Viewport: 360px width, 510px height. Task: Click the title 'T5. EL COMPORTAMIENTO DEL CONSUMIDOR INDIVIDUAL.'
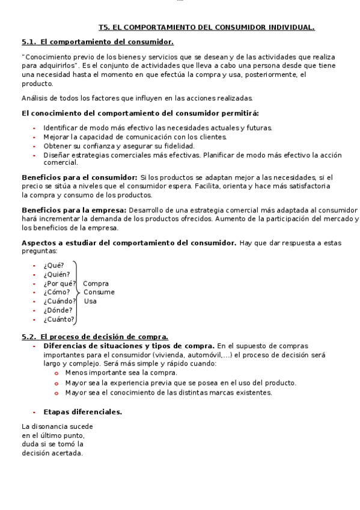(x=206, y=27)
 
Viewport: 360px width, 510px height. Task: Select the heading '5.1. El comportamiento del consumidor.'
(x=97, y=42)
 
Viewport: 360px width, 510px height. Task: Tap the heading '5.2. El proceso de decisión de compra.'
(x=95, y=337)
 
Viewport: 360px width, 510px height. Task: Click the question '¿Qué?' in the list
(x=53, y=265)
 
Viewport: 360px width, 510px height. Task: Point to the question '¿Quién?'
(x=56, y=274)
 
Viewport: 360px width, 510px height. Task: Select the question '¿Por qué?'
(x=59, y=283)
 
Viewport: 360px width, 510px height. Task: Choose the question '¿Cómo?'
(x=56, y=292)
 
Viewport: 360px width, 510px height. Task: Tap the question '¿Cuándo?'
(x=59, y=301)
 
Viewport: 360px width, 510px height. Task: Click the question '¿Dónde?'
(x=58, y=310)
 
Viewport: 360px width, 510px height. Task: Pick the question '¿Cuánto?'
(x=59, y=319)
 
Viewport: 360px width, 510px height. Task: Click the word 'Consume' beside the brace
(x=99, y=292)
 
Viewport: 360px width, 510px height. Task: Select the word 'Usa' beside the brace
(x=90, y=301)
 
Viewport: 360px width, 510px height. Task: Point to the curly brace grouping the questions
(x=77, y=292)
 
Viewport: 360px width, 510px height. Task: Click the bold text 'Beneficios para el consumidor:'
(x=79, y=177)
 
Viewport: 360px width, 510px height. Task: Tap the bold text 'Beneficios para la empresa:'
(x=74, y=210)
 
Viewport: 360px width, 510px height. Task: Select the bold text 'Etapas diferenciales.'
(x=83, y=412)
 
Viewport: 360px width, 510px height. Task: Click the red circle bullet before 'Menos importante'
(x=56, y=373)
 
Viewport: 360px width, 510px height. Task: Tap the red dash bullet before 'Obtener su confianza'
(x=34, y=146)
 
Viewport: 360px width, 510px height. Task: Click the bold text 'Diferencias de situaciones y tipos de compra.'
(x=129, y=346)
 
